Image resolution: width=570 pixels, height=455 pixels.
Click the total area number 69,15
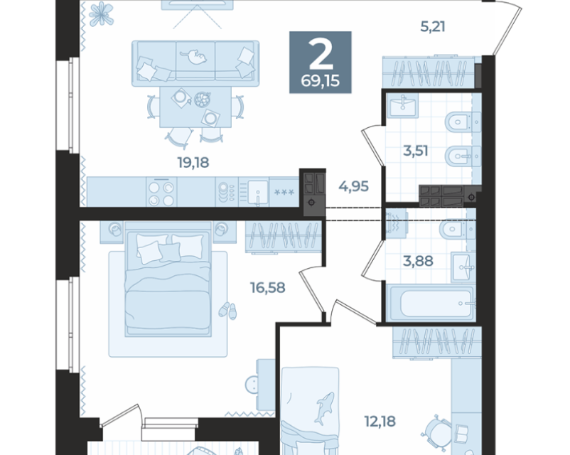321,81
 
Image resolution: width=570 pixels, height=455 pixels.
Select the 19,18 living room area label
193,163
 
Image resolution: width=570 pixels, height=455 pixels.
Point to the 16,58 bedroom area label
267,288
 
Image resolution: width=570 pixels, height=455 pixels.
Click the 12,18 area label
380,421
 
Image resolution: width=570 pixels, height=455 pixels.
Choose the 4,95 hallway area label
354,186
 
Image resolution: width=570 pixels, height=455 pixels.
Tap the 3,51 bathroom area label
416,151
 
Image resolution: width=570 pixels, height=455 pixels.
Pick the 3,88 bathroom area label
418,261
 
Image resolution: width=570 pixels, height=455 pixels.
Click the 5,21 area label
433,26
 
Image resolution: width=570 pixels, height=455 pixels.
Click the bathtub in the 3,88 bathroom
431,304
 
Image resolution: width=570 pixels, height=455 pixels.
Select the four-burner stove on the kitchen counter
162,193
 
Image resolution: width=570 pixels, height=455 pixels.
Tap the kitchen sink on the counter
258,193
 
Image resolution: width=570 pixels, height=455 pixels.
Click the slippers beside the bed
228,311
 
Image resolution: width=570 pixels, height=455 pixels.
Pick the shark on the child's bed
324,409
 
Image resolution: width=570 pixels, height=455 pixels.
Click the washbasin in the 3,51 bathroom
402,105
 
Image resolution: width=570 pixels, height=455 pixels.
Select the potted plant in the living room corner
102,14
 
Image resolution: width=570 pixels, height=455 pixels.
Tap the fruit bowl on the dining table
203,100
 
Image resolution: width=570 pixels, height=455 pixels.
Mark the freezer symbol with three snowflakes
284,192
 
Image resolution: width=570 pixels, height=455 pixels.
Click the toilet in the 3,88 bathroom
457,229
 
